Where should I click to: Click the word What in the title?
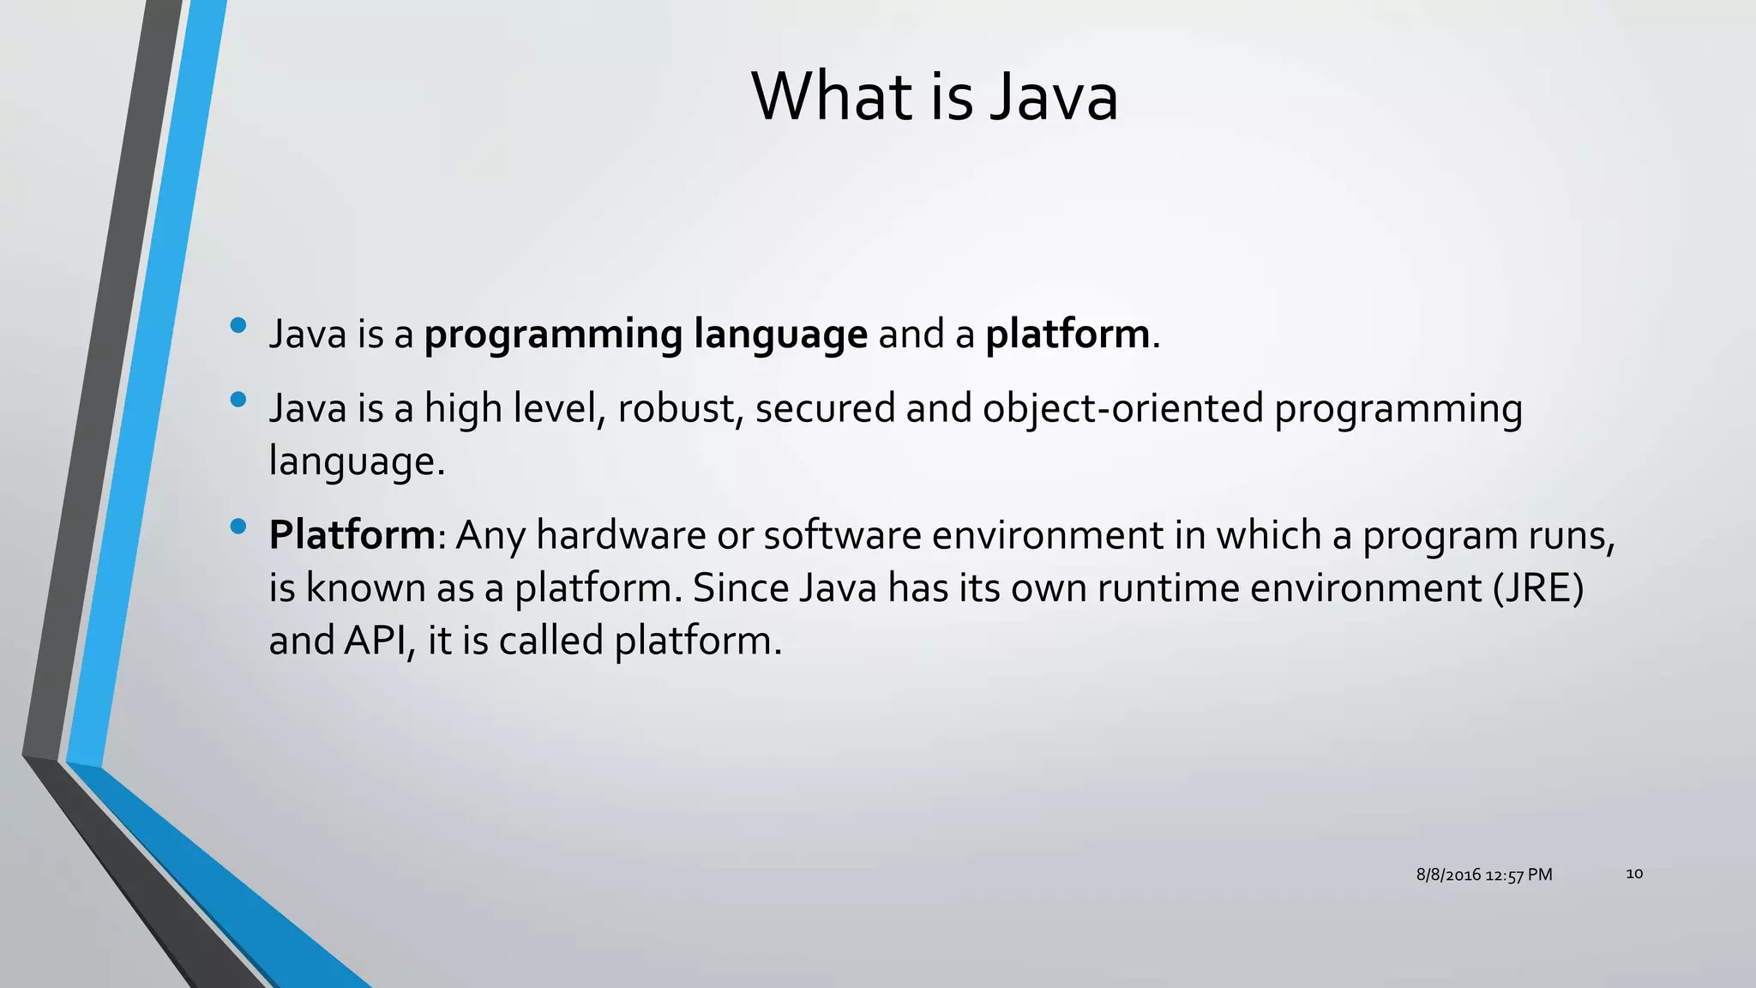pos(832,96)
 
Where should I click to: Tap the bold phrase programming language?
pos(646,334)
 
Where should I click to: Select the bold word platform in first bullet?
pos(1067,334)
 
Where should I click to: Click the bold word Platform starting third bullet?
pos(352,535)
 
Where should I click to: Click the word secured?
pos(825,408)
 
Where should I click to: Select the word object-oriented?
pos(1123,408)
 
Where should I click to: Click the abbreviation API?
pos(374,641)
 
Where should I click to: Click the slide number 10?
pos(1634,874)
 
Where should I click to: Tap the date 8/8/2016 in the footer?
pos(1448,875)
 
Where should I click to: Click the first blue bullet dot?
pos(238,325)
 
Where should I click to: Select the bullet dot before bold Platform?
pos(238,526)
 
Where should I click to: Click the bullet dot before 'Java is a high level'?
pos(238,399)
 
